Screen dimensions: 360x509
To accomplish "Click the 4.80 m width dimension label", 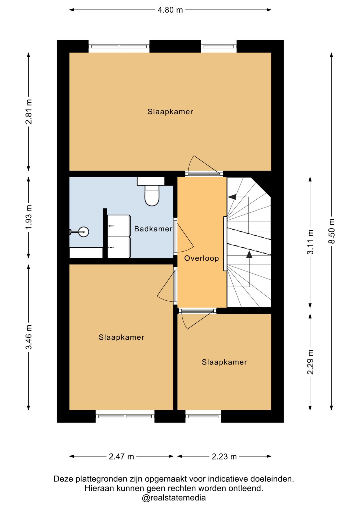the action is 170,10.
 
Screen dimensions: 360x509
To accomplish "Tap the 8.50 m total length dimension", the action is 332,231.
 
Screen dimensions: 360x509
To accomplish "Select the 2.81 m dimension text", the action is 29,112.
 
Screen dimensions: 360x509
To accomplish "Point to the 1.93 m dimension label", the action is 29,217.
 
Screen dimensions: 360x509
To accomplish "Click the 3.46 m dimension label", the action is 29,337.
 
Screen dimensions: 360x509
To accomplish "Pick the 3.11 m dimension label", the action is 310,242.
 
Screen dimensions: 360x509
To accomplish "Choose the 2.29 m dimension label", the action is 310,362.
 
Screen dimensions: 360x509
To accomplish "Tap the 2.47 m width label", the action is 121,457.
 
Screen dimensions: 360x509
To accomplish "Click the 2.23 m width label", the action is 224,457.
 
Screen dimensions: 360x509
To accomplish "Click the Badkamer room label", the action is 153,229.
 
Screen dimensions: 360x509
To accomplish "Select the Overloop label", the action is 202,258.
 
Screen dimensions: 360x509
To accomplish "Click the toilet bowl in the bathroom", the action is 152,196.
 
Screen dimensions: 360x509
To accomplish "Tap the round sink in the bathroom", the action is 84,232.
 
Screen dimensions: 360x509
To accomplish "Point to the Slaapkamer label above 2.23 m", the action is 224,362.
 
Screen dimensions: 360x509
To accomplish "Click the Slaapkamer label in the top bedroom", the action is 170,112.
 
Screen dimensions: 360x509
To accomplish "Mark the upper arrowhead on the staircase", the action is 232,197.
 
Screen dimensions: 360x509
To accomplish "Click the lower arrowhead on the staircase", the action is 249,254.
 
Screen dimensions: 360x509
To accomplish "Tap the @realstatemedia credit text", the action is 174,498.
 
